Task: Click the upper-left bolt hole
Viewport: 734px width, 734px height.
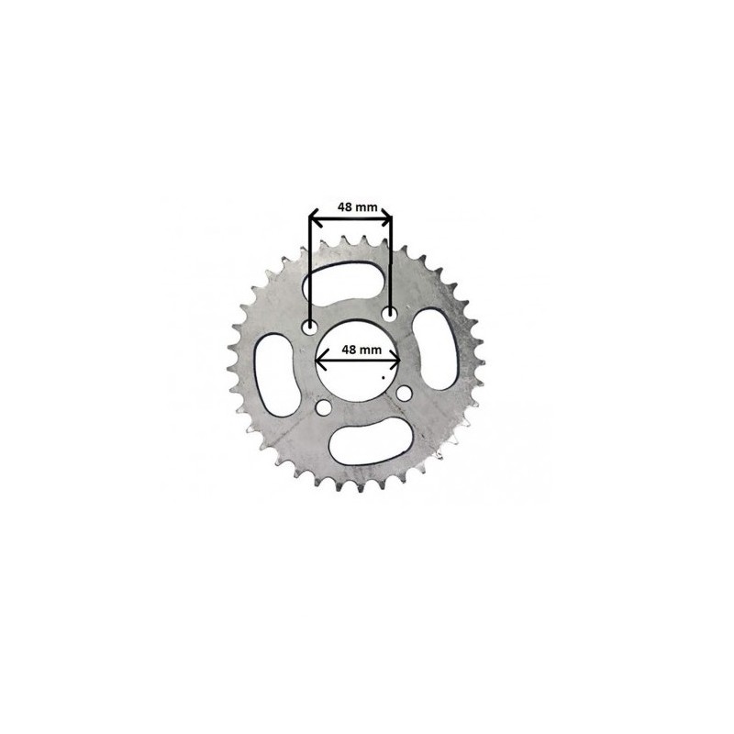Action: [309, 328]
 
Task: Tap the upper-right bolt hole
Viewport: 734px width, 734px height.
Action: [389, 313]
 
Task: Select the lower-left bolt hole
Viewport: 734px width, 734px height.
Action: [323, 407]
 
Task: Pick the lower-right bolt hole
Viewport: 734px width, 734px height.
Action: [404, 394]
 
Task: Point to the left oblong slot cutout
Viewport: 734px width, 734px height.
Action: [277, 375]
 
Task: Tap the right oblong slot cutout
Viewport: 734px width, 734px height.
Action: [435, 349]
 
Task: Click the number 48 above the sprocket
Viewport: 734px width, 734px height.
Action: [345, 207]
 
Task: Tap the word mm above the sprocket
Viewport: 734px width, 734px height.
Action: [368, 208]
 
